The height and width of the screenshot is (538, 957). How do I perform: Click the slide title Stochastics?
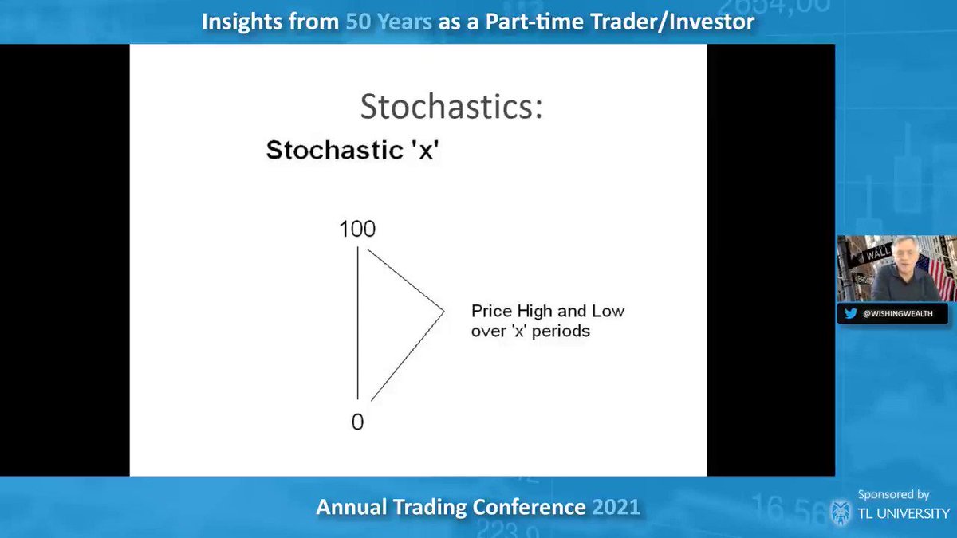(451, 106)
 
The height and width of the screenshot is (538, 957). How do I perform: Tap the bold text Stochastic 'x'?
(352, 150)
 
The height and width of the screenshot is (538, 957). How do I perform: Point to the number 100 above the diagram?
(357, 229)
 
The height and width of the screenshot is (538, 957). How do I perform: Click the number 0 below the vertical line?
(357, 422)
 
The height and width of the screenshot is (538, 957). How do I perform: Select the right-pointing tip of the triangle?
(444, 312)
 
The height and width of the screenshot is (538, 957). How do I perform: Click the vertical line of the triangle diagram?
(357, 323)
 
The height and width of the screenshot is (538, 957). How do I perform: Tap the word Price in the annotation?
(492, 311)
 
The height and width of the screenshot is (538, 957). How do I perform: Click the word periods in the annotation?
(561, 332)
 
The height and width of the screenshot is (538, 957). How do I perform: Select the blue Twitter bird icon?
(851, 314)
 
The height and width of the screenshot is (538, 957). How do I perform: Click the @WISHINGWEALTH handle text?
(898, 314)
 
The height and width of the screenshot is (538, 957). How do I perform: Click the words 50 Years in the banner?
(389, 22)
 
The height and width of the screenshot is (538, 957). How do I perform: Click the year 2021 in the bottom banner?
(616, 507)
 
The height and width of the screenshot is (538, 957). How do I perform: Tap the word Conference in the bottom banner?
(529, 507)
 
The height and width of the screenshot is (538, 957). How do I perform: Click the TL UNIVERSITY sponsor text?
(904, 513)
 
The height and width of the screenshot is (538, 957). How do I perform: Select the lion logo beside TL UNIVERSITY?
(841, 512)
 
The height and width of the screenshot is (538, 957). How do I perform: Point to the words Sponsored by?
(894, 494)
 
